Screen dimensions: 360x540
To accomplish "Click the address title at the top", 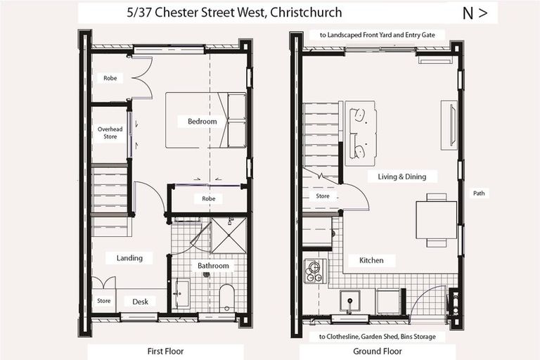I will coord(235,13).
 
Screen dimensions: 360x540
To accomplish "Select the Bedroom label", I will coord(202,122).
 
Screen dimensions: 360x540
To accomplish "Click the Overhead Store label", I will coord(110,133).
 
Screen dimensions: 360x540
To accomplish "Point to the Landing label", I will coord(129,258).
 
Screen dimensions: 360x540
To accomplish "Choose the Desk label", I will coord(140,302).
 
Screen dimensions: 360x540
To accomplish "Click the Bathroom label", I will coord(213,266).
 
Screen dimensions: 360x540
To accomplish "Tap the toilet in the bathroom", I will coord(227,298).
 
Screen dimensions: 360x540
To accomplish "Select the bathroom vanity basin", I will coord(181,294).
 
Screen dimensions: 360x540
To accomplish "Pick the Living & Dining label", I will coord(402,176).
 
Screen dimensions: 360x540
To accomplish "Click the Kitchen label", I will coord(371,260).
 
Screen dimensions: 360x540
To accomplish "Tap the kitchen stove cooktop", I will coord(315,270).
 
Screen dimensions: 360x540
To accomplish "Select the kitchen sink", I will coord(350,301).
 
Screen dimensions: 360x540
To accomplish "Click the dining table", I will coord(436,220).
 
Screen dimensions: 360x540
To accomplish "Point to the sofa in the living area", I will coord(360,134).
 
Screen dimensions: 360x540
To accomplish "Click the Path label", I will coord(479,193).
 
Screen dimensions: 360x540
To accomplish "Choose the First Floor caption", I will coord(166,351).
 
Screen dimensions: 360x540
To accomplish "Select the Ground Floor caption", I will coord(378,351).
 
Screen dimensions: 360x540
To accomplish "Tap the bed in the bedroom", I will coord(206,120).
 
